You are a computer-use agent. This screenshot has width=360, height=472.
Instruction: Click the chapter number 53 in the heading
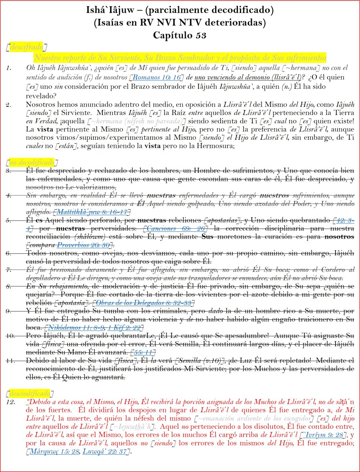pyautogui.click(x=201, y=35)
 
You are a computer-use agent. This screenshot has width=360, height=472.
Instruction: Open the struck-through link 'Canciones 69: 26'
pyautogui.click(x=173, y=228)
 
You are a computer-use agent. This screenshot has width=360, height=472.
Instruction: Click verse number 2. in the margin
pyautogui.click(x=10, y=105)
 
